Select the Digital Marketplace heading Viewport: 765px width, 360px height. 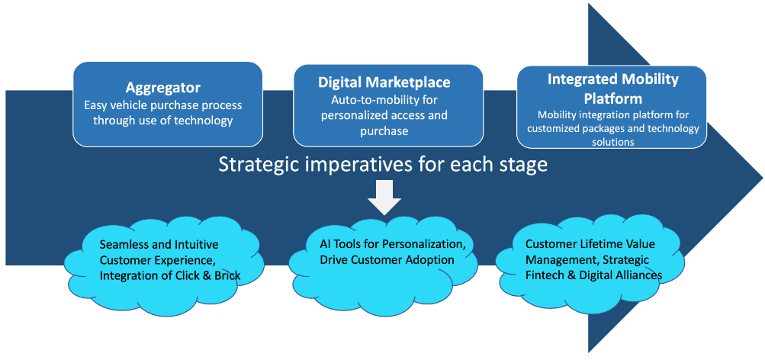384,82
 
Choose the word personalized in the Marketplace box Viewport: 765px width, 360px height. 352,115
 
